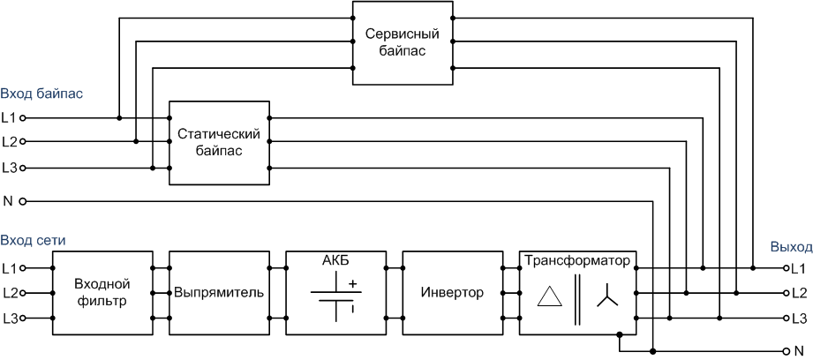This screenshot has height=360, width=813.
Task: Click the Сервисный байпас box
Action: [x=402, y=43]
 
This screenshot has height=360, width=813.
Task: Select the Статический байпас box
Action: [x=220, y=143]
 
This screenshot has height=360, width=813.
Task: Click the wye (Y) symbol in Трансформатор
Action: [x=608, y=300]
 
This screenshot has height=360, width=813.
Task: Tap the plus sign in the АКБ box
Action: [x=353, y=284]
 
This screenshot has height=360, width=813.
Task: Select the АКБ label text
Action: [x=335, y=260]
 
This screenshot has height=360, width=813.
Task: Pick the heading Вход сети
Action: [x=34, y=241]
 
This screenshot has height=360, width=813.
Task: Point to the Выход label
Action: [x=790, y=247]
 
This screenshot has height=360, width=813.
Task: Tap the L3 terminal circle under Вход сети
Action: [x=24, y=318]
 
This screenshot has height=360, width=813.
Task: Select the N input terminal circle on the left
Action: [x=24, y=201]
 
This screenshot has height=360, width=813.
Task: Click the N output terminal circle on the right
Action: [x=786, y=350]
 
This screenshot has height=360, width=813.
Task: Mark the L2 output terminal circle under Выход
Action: [x=786, y=293]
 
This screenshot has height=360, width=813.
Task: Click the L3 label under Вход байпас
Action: [x=9, y=168]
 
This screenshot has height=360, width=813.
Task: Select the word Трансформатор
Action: [x=577, y=261]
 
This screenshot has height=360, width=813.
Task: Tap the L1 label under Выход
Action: [x=800, y=267]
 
